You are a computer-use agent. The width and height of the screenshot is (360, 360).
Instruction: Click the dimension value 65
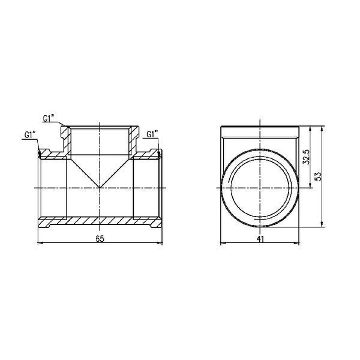pos(100,239)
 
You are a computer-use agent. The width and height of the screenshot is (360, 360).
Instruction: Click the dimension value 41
pos(260,239)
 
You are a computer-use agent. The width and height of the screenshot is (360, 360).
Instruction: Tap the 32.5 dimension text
pos(306,157)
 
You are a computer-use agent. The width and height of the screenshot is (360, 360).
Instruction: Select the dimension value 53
pos(319,176)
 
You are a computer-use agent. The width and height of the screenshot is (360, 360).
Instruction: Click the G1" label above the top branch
pos(48,118)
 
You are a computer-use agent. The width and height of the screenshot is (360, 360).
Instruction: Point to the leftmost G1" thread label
pos(30,135)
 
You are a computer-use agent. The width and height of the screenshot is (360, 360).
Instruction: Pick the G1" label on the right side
pos(152,134)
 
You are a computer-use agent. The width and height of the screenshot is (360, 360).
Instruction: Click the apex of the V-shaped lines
pos(100,188)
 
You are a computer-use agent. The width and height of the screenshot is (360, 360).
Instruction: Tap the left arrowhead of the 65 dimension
pos(40,242)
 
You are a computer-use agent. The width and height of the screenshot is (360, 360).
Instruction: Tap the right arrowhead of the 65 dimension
pos(160,242)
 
